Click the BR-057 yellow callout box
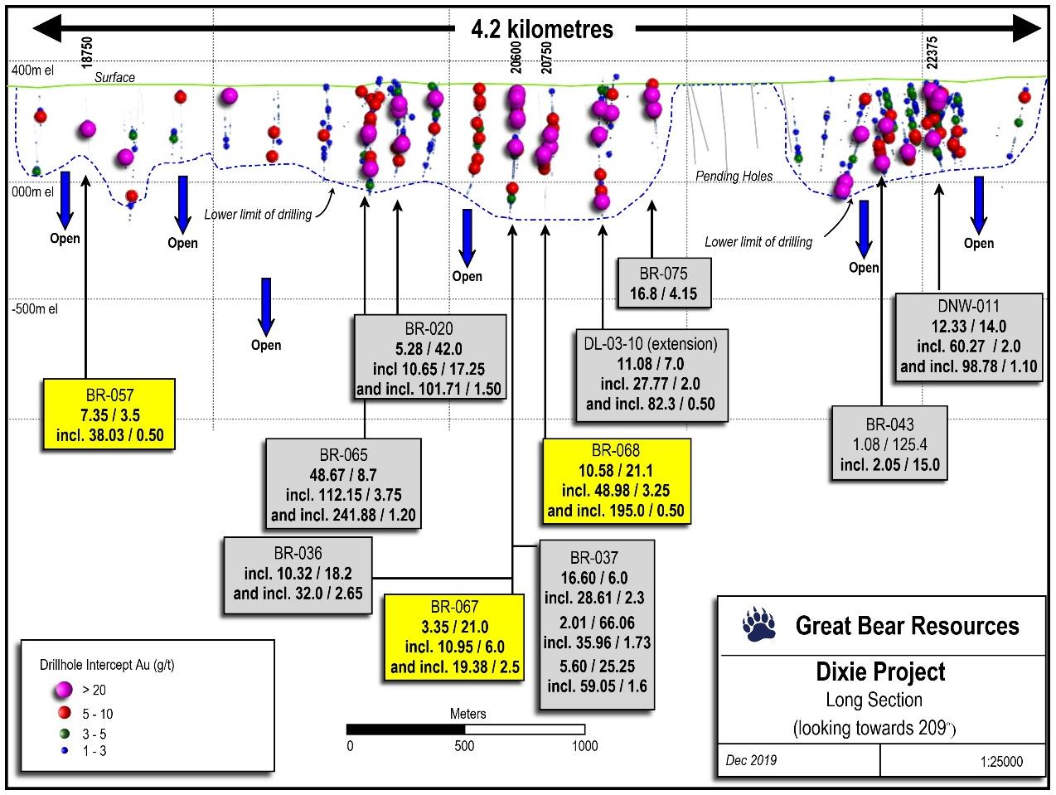tap(109, 414)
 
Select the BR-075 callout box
tap(664, 283)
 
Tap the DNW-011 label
tap(968, 306)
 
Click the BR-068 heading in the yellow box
tap(616, 450)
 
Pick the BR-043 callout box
tap(889, 444)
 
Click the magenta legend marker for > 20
tap(64, 691)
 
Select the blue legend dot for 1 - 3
tap(65, 751)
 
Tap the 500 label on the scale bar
tap(464, 746)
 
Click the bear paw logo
tap(758, 625)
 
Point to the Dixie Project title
tap(880, 671)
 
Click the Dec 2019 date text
tap(751, 760)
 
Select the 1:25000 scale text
tap(1001, 761)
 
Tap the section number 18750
tap(86, 52)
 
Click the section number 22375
tap(932, 53)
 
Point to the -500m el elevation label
tap(35, 308)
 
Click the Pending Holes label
tap(734, 176)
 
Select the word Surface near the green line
tap(114, 77)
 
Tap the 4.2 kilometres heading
tap(542, 29)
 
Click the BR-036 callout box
tap(298, 575)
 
